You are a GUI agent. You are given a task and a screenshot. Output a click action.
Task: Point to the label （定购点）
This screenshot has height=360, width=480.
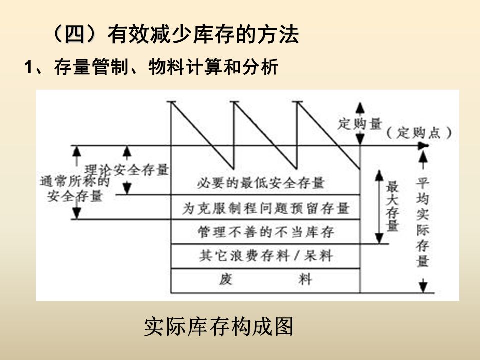tap(420, 132)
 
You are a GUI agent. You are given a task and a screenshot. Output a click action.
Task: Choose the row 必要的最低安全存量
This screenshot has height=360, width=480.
tap(261, 182)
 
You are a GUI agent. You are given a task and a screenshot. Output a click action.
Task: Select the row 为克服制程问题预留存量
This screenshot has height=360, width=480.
tap(265, 207)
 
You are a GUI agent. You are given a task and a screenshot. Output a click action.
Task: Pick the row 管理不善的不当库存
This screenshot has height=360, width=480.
tap(265, 232)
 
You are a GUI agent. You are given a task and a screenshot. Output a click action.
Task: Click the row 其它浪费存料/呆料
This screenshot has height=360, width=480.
tap(265, 256)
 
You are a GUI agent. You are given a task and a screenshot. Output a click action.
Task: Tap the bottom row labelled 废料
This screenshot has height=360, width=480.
tap(265, 280)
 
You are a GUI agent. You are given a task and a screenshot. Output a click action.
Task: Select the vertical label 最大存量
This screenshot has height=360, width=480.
tap(392, 206)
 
